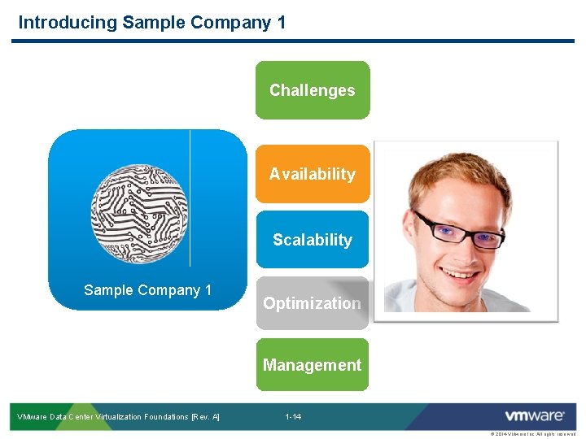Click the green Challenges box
click(x=313, y=90)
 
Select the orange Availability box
click(x=313, y=174)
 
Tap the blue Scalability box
click(x=313, y=240)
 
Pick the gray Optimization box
click(x=313, y=303)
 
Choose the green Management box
click(x=313, y=365)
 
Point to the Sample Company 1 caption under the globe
click(x=147, y=290)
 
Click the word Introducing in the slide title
click(x=68, y=22)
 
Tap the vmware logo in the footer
click(x=534, y=416)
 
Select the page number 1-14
click(x=293, y=417)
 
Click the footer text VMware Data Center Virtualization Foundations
click(x=119, y=417)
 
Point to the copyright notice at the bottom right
click(x=532, y=435)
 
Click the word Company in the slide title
click(x=231, y=22)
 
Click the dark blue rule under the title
click(x=293, y=41)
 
